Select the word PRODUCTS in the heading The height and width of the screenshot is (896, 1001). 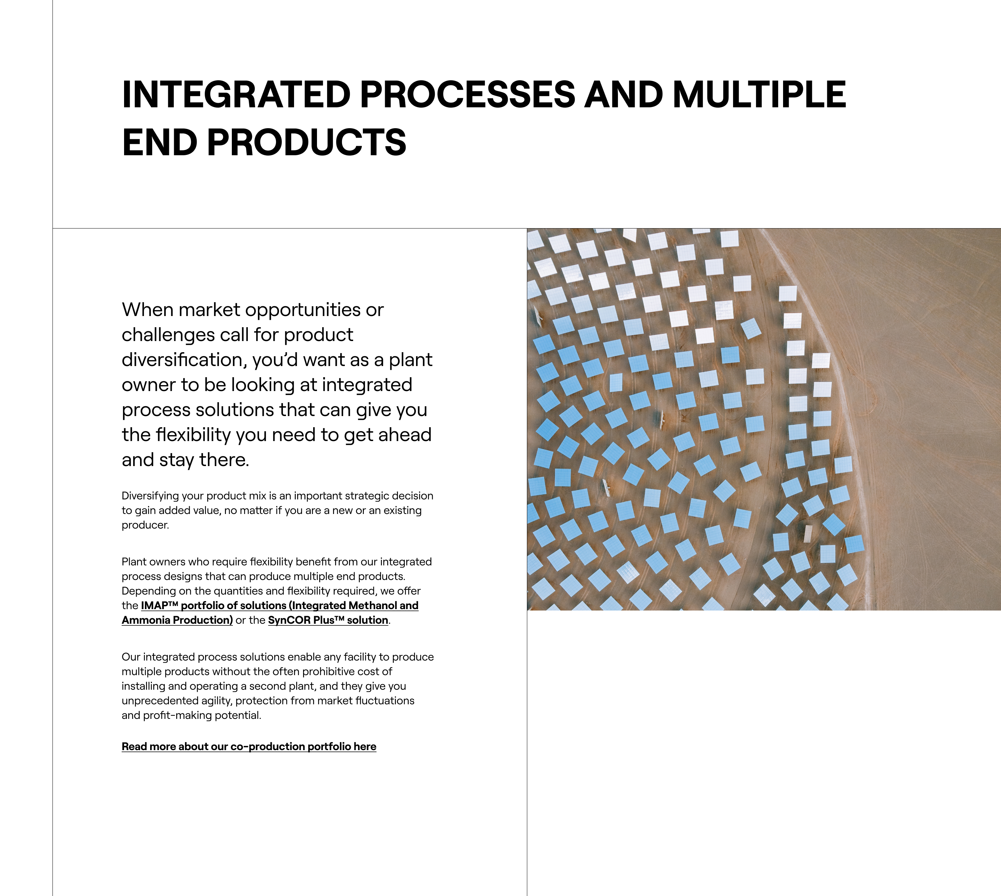307,142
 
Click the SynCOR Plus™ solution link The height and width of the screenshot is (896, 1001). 328,620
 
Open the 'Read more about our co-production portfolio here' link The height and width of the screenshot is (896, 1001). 249,746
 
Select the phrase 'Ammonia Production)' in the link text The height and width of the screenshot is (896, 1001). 177,620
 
